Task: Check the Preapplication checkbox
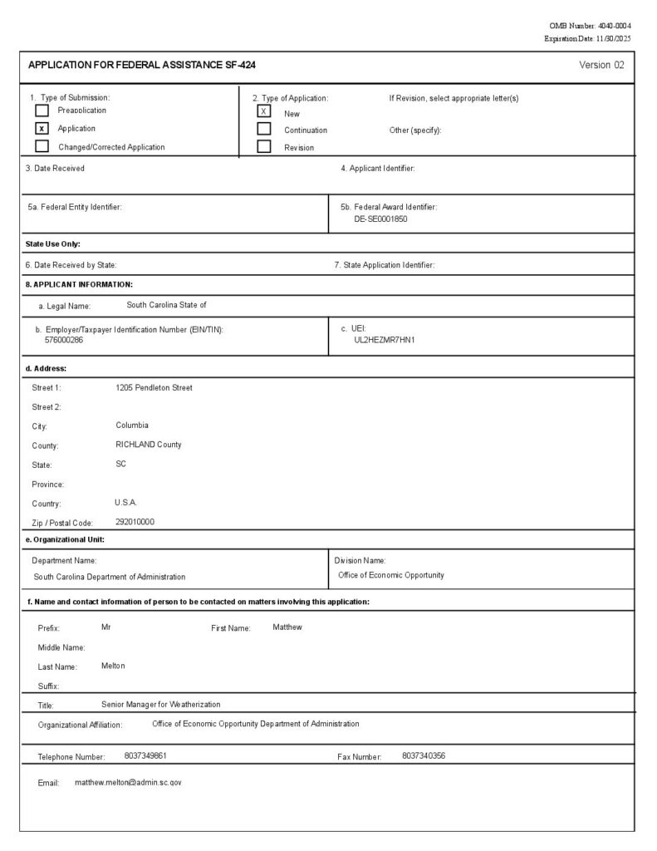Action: pos(42,111)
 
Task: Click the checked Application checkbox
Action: pos(42,129)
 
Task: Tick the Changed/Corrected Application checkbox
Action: pos(42,147)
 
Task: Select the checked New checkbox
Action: pos(264,111)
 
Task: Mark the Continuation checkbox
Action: pos(264,129)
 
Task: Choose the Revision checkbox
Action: pos(264,147)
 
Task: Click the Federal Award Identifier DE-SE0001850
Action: pos(380,219)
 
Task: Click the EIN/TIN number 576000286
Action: pos(64,340)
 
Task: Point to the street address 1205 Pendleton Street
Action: pos(154,388)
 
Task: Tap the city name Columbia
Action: pos(132,425)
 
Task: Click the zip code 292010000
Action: pos(135,522)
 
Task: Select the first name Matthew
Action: pos(287,627)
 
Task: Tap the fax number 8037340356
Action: pos(424,756)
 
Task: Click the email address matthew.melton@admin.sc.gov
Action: pos(128,783)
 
